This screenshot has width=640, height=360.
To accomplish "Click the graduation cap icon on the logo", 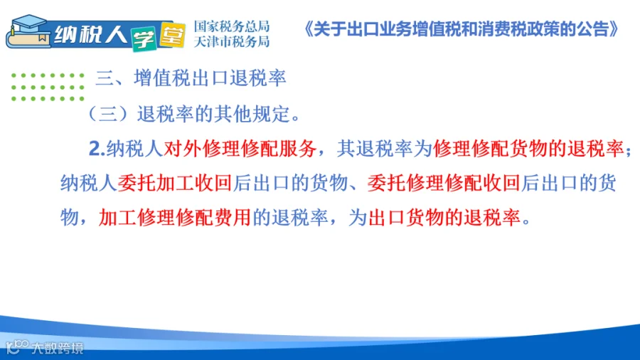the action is click(x=28, y=23).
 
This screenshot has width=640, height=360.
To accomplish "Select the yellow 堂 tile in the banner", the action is click(x=172, y=35).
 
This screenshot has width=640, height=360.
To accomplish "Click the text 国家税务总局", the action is click(x=231, y=26).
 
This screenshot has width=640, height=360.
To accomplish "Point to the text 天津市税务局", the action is click(x=231, y=41).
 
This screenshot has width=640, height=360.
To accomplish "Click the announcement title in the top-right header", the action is click(x=462, y=29).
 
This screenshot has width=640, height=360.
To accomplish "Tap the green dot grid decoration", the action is click(x=48, y=87).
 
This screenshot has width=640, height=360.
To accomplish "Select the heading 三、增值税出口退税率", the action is click(x=191, y=78).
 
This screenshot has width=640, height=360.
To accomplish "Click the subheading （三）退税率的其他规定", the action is click(x=194, y=114).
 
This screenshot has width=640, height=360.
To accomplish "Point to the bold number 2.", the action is click(x=97, y=149).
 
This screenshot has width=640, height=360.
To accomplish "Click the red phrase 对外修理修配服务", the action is click(x=240, y=149).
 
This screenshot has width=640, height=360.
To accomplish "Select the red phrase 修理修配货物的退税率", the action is click(x=528, y=149).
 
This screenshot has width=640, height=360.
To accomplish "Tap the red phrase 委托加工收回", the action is click(x=175, y=183).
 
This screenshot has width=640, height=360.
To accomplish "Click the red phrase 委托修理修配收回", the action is click(x=444, y=183).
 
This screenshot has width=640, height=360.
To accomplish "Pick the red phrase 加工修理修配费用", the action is click(x=175, y=217).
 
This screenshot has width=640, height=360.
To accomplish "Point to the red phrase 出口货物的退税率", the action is click(x=444, y=217).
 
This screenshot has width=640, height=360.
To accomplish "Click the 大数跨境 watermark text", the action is click(x=58, y=348).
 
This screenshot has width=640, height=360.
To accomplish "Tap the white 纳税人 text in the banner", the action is click(x=90, y=34).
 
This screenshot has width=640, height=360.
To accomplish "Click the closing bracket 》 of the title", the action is click(x=614, y=29).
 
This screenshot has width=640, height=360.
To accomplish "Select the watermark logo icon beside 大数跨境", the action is click(x=17, y=346).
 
